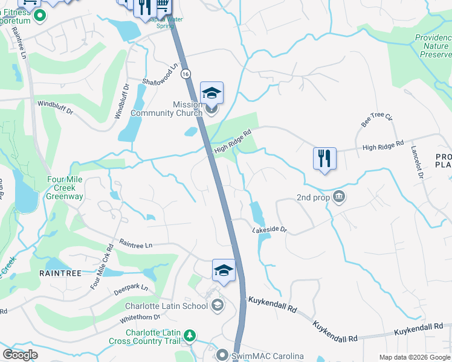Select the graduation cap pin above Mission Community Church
pos(212,93)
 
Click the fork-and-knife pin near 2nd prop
pos(324,159)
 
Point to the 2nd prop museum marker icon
pos(340,197)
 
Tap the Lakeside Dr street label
pos(269,230)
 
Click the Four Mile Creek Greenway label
pos(66,188)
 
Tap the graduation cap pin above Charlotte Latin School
pos(224,270)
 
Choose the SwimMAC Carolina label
pos(267,357)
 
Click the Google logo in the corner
pos(20,355)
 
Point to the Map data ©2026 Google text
pos(414,357)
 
